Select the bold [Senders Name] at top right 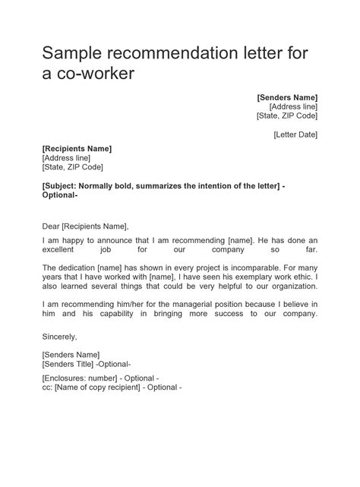click(x=287, y=97)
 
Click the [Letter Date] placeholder click(x=295, y=134)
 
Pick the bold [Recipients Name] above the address click(x=77, y=148)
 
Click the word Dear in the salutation click(x=51, y=226)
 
